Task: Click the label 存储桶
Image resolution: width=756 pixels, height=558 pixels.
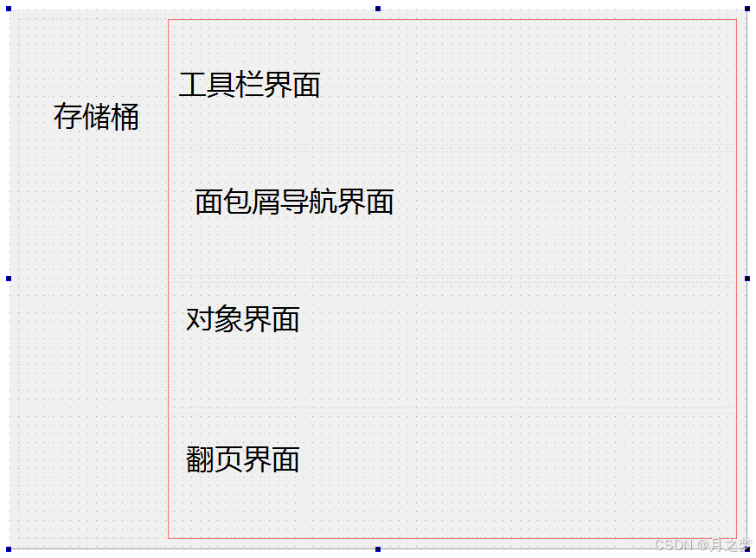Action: point(96,117)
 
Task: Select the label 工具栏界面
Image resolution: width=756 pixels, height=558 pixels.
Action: point(249,85)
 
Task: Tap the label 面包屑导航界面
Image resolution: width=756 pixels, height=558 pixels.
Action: point(294,202)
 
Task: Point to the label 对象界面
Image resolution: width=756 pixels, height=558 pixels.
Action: point(242,319)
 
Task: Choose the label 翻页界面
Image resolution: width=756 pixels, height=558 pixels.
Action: point(242,459)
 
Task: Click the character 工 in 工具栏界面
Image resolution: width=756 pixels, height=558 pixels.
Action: point(193,85)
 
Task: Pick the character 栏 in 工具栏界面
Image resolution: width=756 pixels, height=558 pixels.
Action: point(250,85)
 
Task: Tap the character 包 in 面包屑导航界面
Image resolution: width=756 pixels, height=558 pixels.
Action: point(237,202)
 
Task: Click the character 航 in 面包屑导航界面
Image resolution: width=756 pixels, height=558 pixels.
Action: point(323,202)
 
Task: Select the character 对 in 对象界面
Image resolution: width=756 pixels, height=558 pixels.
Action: point(200,319)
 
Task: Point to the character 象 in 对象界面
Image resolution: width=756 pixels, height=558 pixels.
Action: point(228,319)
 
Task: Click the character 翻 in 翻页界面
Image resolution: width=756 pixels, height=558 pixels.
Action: point(200,459)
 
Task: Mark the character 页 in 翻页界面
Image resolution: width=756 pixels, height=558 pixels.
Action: point(228,459)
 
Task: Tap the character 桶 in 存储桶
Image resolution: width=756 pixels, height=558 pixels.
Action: point(125,117)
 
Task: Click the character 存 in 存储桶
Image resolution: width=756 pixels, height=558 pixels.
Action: point(67,117)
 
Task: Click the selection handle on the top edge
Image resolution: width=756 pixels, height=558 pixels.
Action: point(378,9)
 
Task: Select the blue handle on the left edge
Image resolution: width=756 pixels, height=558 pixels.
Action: point(9,279)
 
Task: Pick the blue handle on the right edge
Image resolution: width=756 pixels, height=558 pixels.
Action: point(747,279)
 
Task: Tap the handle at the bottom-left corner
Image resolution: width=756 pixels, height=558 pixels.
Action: point(9,549)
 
